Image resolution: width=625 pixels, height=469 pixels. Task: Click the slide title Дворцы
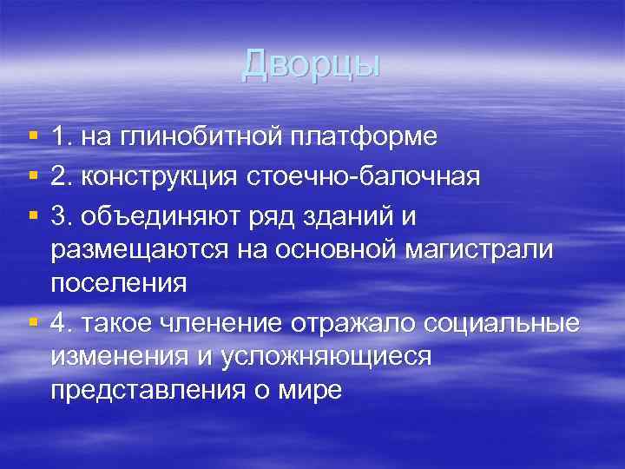pos(312,63)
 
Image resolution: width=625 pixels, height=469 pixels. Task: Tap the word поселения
pos(119,283)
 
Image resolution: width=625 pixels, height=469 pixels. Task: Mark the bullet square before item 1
pos(32,137)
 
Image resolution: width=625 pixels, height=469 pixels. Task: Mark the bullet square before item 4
pos(32,322)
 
